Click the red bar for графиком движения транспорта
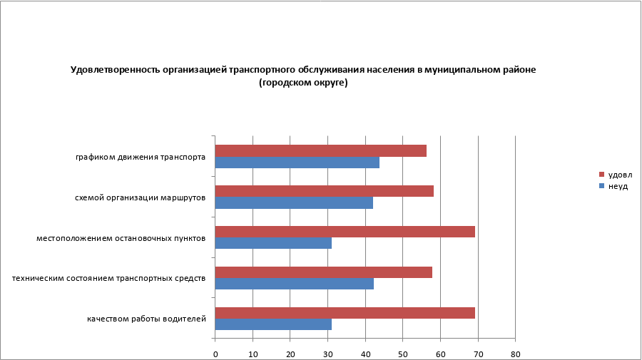point(320,150)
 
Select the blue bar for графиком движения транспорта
point(297,163)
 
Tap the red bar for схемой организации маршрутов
point(324,191)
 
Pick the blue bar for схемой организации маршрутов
point(294,202)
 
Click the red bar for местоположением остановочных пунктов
point(345,232)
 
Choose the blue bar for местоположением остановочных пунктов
point(273,243)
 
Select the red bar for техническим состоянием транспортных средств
point(323,272)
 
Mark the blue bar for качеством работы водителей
point(273,324)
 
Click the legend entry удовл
point(619,175)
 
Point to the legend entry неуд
point(618,186)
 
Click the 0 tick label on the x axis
point(215,353)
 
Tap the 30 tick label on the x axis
point(327,353)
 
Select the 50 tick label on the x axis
point(402,353)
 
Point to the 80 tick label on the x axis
point(515,353)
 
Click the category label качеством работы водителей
point(147,318)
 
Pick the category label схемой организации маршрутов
point(141,197)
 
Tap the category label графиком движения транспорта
point(141,157)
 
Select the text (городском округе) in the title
point(303,83)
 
